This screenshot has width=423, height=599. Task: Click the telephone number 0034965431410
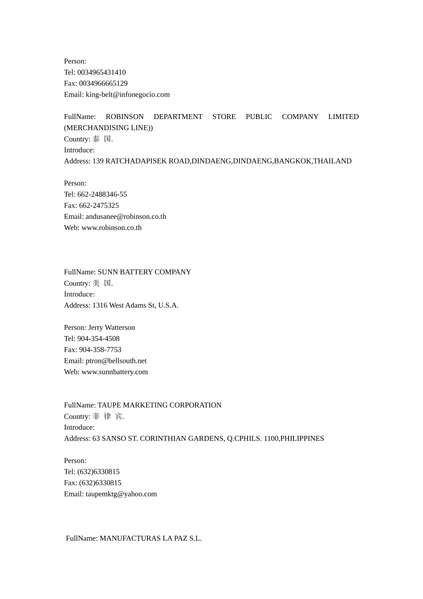102,72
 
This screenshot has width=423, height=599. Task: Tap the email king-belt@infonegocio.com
128,94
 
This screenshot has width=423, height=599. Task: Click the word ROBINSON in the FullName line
125,117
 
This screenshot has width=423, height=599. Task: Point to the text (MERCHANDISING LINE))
108,128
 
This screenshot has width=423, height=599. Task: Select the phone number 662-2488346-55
102,194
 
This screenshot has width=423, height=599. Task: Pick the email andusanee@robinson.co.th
126,217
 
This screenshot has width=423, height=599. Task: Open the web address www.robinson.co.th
111,228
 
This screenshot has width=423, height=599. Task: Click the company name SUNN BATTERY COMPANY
144,272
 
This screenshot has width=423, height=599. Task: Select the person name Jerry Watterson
111,328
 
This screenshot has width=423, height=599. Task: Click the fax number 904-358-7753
100,350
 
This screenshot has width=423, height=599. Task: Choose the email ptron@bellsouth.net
116,361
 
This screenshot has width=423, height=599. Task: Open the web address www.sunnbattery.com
114,372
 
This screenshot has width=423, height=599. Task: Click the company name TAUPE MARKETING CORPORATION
159,405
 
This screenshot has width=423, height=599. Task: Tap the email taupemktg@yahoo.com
121,494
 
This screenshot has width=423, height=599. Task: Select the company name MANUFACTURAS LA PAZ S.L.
150,538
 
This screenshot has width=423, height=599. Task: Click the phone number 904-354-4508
98,339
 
